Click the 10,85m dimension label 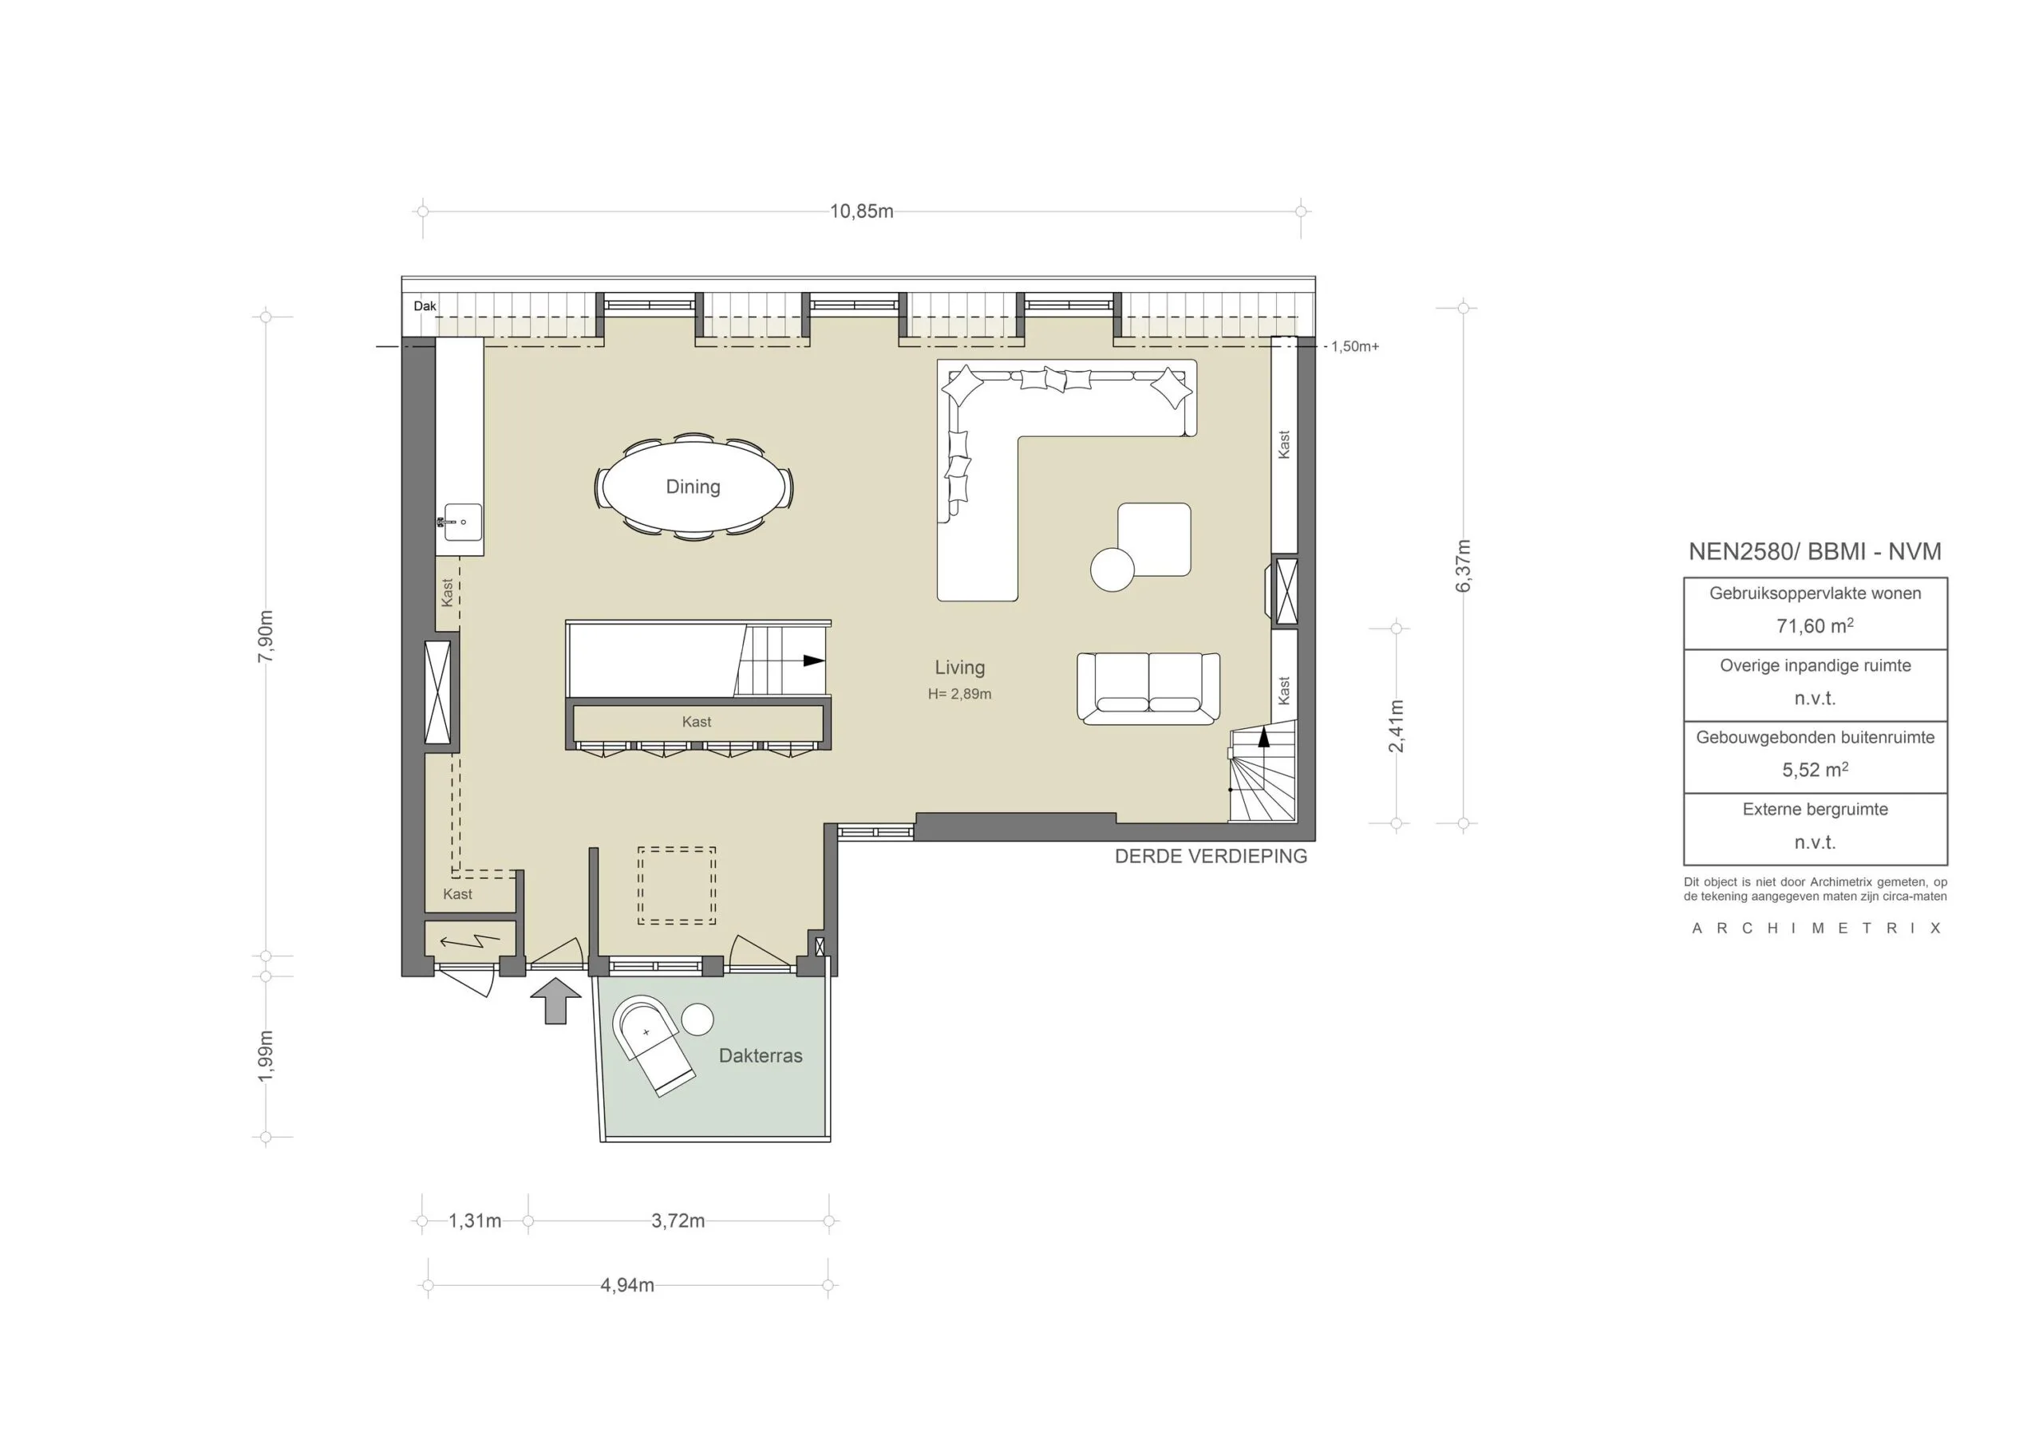tap(860, 211)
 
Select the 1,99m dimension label tap(266, 1056)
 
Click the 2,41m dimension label tap(1396, 725)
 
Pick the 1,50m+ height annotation tap(1354, 346)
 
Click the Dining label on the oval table tap(692, 487)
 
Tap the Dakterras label tap(760, 1055)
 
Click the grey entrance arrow tap(555, 1000)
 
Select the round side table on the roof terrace tap(697, 1019)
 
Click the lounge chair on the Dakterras tap(654, 1045)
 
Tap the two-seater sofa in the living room tap(1148, 688)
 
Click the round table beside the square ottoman tap(1112, 570)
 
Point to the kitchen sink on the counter tap(463, 522)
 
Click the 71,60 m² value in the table tap(1814, 625)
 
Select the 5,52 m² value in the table tap(1814, 770)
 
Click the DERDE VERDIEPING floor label tap(1210, 856)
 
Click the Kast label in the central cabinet tap(696, 721)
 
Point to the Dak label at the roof tap(425, 306)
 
